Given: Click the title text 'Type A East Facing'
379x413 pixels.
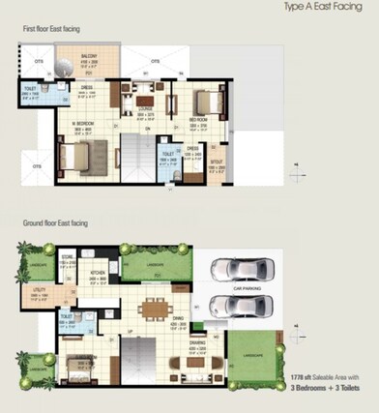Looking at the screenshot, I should tap(325, 7).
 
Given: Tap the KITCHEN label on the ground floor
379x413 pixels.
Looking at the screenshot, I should tap(97, 274).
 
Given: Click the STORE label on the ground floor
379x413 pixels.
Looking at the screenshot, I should tap(68, 259).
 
